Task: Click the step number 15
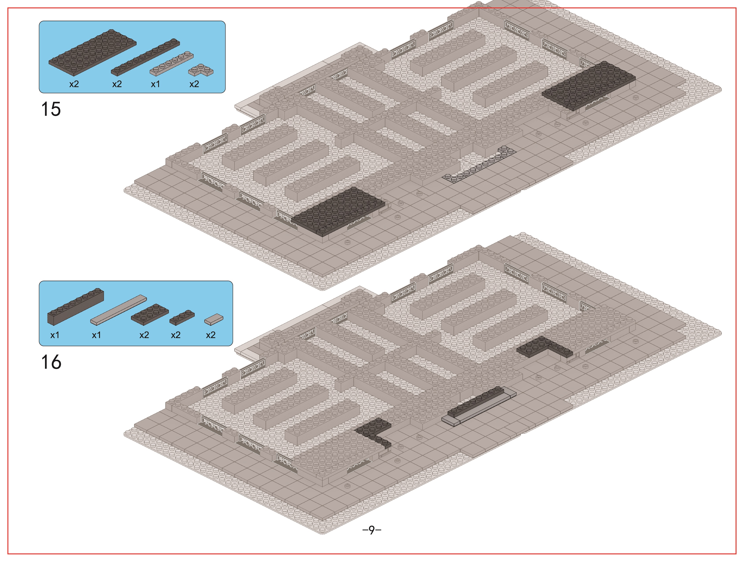pyautogui.click(x=51, y=109)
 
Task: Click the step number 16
pyautogui.click(x=51, y=362)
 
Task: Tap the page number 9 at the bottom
pyautogui.click(x=372, y=530)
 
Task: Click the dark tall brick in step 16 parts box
pyautogui.click(x=76, y=306)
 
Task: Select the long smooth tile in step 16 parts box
pyautogui.click(x=119, y=310)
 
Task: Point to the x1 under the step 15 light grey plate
pyautogui.click(x=155, y=84)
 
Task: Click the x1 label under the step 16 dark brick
pyautogui.click(x=55, y=335)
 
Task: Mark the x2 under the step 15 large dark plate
pyautogui.click(x=74, y=84)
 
